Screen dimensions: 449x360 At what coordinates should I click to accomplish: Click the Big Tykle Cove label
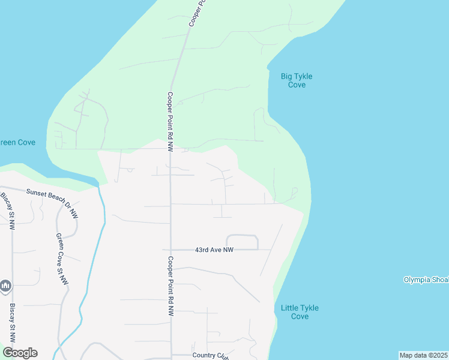pyautogui.click(x=297, y=80)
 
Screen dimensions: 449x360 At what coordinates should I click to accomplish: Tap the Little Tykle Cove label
pyautogui.click(x=300, y=312)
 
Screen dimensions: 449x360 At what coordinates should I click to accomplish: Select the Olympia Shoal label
pyautogui.click(x=426, y=280)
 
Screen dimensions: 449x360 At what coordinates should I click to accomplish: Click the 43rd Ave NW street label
pyautogui.click(x=214, y=250)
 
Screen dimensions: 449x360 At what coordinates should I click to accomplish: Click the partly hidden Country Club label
pyautogui.click(x=211, y=355)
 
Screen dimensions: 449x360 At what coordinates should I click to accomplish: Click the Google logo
pyautogui.click(x=20, y=353)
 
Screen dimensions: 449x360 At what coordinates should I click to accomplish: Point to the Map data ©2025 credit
pyautogui.click(x=423, y=355)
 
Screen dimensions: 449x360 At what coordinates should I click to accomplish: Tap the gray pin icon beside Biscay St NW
pyautogui.click(x=5, y=286)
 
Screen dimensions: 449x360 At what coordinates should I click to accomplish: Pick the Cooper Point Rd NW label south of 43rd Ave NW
pyautogui.click(x=170, y=286)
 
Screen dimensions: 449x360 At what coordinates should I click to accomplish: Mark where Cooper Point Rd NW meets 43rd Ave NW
pyautogui.click(x=171, y=250)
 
